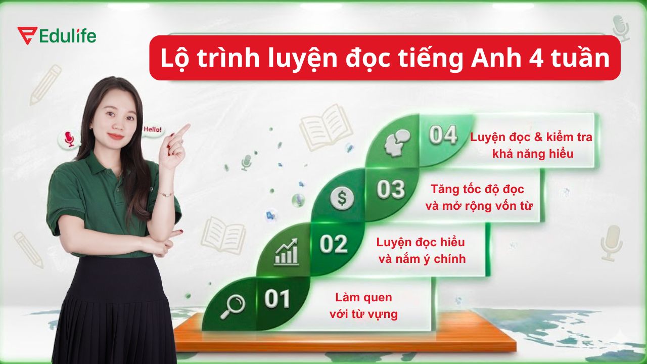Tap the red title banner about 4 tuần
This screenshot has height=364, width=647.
(384, 58)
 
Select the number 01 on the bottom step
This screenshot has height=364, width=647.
(277, 299)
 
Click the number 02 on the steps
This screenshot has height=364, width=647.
(334, 245)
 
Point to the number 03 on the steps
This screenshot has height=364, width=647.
(391, 190)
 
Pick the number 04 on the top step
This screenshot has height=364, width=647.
(443, 135)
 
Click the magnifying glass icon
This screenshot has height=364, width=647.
(233, 306)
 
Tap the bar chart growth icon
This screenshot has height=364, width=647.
(286, 253)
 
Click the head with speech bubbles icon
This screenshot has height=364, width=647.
(397, 143)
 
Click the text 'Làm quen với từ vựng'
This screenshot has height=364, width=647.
(363, 306)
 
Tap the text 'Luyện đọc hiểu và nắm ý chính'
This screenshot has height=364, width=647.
(421, 250)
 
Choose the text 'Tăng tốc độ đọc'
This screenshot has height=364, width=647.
(477, 189)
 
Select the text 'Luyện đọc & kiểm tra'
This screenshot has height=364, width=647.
(531, 137)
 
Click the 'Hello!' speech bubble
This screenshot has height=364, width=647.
(153, 129)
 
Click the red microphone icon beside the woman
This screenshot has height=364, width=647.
(69, 139)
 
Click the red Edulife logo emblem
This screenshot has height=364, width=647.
(25, 35)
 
